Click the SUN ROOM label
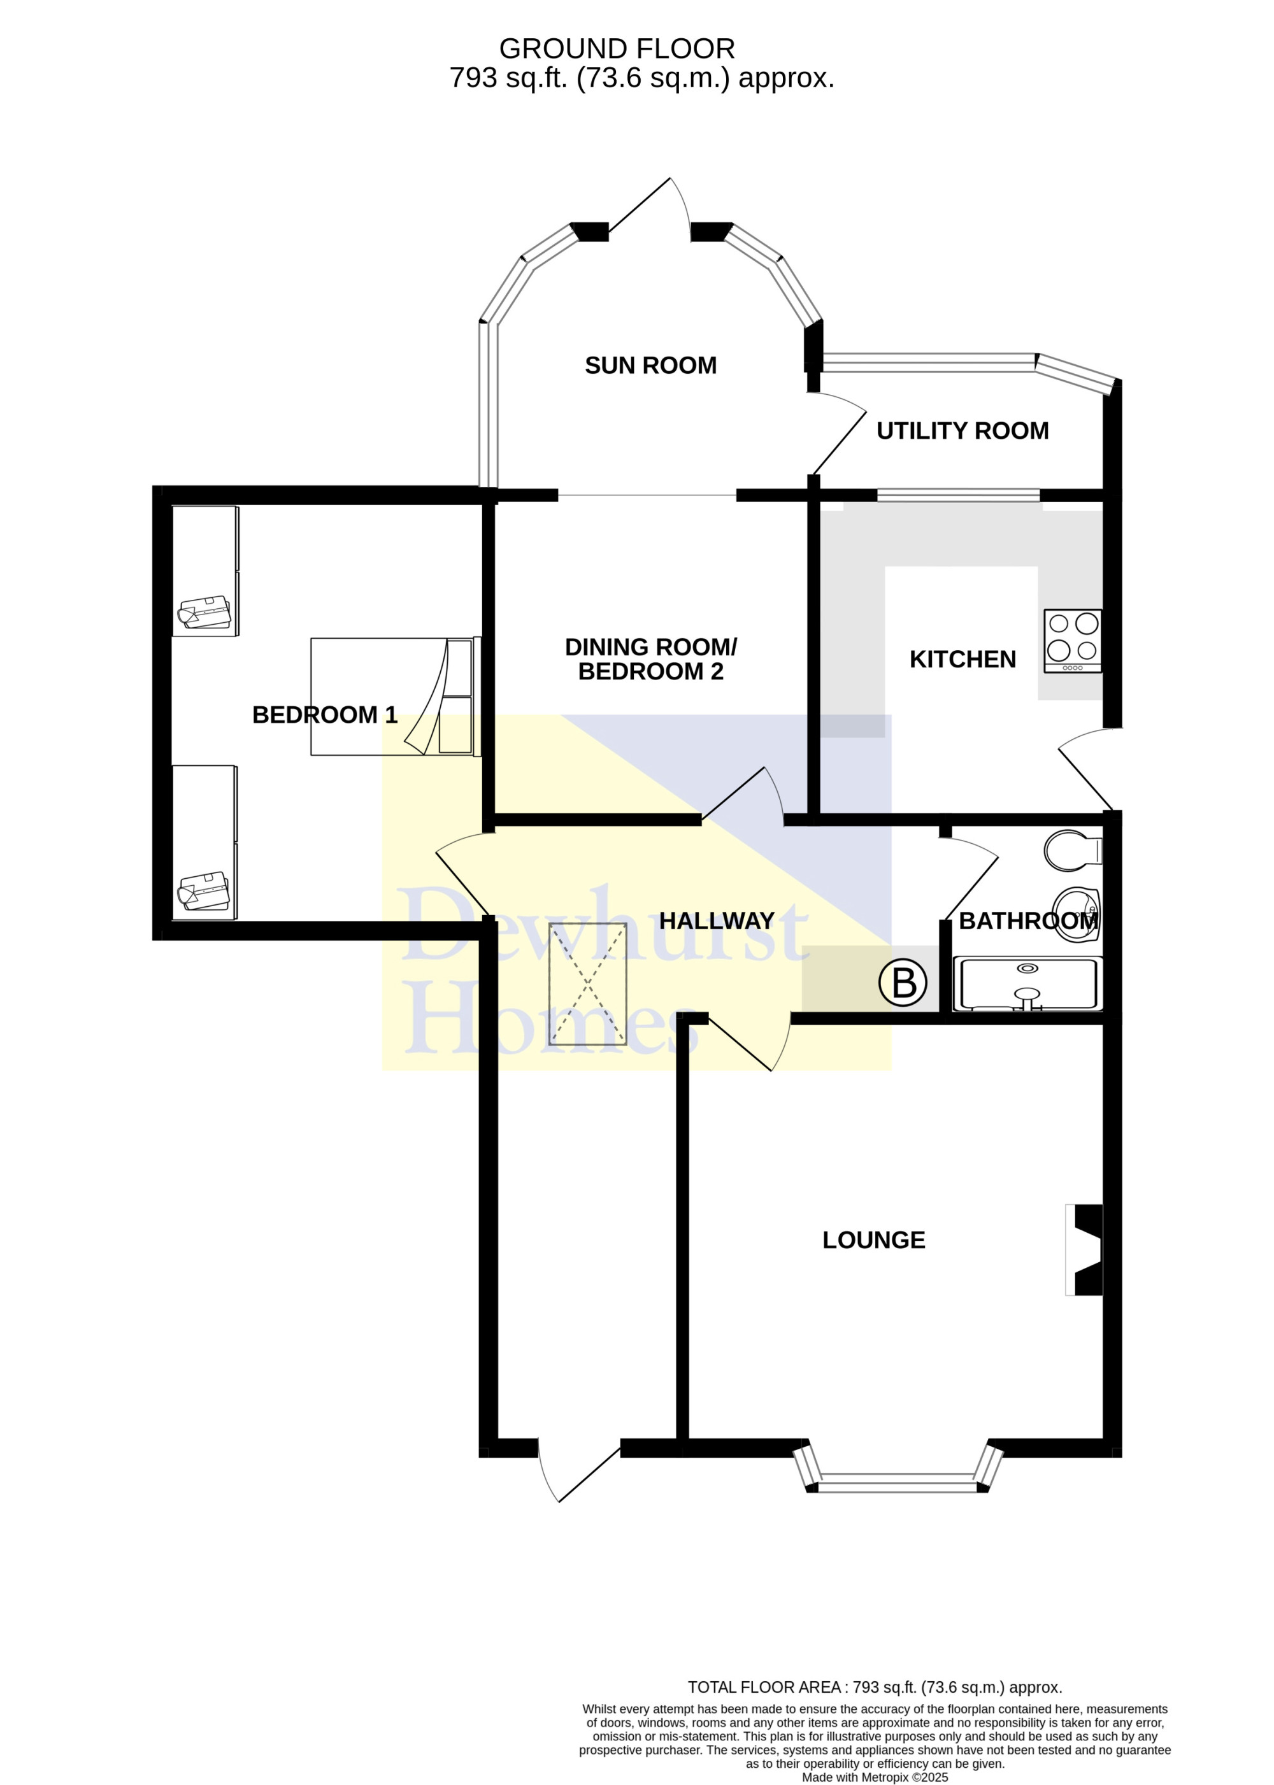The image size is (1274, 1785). pos(650,366)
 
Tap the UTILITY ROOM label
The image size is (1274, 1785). pos(963,430)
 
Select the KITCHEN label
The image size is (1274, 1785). pos(963,660)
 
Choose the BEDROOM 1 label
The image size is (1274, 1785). pos(325,715)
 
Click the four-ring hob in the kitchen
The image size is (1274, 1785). pos(1072,641)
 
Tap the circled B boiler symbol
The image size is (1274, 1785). pos(903,983)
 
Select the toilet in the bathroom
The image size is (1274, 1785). pos(1073,850)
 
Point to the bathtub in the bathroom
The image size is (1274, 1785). pos(1027,983)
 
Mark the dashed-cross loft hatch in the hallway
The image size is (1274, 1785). pos(587,985)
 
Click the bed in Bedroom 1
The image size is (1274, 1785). pos(396,697)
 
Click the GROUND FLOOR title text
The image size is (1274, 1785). pos(617,48)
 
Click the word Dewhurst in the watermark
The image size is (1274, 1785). pos(603,925)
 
